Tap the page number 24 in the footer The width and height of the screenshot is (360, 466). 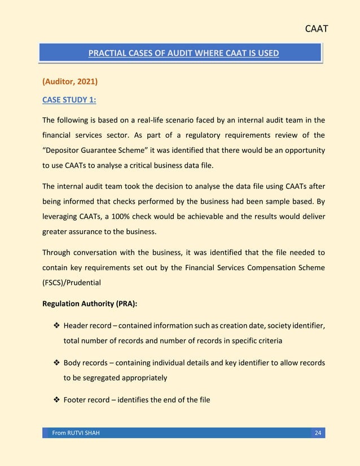pyautogui.click(x=318, y=433)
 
